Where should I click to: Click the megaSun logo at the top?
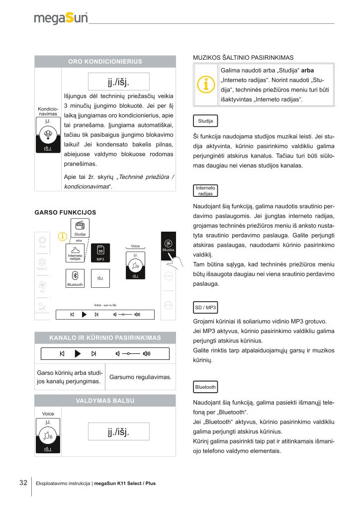tap(61, 18)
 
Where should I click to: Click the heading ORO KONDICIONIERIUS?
tap(105, 62)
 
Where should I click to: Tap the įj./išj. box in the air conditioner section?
tap(118, 81)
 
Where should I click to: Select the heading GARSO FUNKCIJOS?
tap(65, 212)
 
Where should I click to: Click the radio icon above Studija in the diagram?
tap(80, 225)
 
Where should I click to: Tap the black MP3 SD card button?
tap(100, 253)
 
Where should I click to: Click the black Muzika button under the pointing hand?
tap(168, 246)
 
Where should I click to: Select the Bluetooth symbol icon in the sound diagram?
tap(75, 276)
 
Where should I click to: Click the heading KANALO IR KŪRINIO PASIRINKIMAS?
tap(105, 338)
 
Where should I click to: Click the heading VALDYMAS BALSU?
tap(105, 401)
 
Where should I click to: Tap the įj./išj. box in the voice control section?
tap(118, 431)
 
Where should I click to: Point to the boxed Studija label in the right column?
tap(205, 121)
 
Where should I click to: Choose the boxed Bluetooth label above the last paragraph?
tap(205, 387)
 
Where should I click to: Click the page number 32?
tap(23, 483)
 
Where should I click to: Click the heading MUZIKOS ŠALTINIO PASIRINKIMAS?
tap(243, 58)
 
